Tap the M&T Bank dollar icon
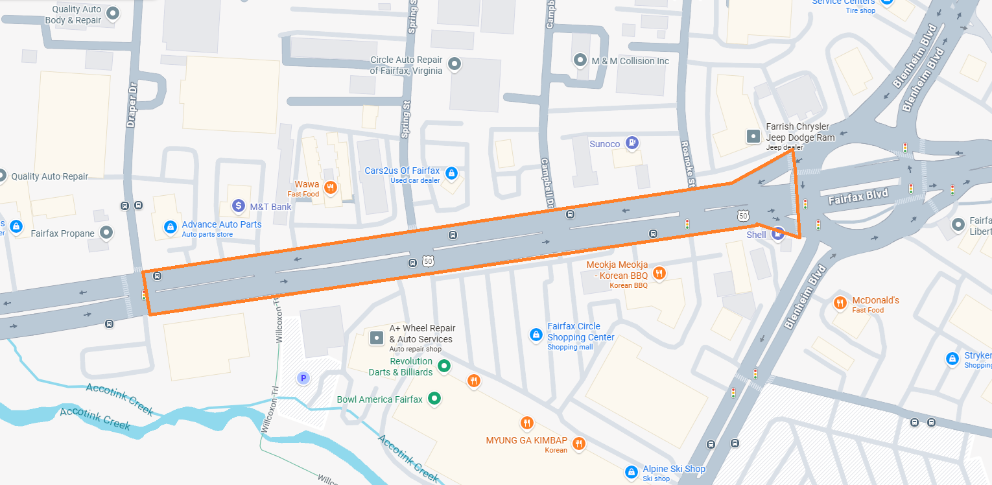(x=239, y=207)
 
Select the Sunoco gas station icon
(x=633, y=143)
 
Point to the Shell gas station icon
(x=778, y=234)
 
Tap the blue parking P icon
(x=302, y=378)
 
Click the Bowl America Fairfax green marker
(x=435, y=399)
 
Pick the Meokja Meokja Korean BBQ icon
(x=659, y=273)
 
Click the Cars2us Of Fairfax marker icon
(x=452, y=174)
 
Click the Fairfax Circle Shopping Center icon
(x=536, y=335)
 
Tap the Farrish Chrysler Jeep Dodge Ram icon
(x=753, y=136)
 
